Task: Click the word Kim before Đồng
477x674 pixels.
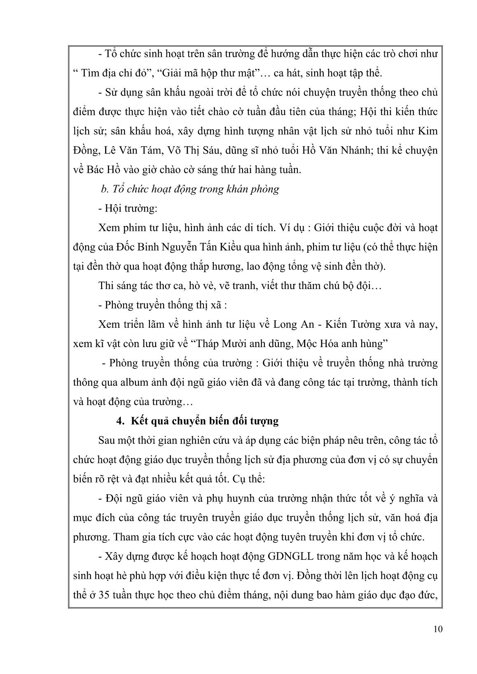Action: pyautogui.click(x=428, y=131)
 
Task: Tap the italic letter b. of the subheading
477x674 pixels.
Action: pyautogui.click(x=104, y=189)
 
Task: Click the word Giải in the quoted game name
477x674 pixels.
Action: pyautogui.click(x=156, y=73)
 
